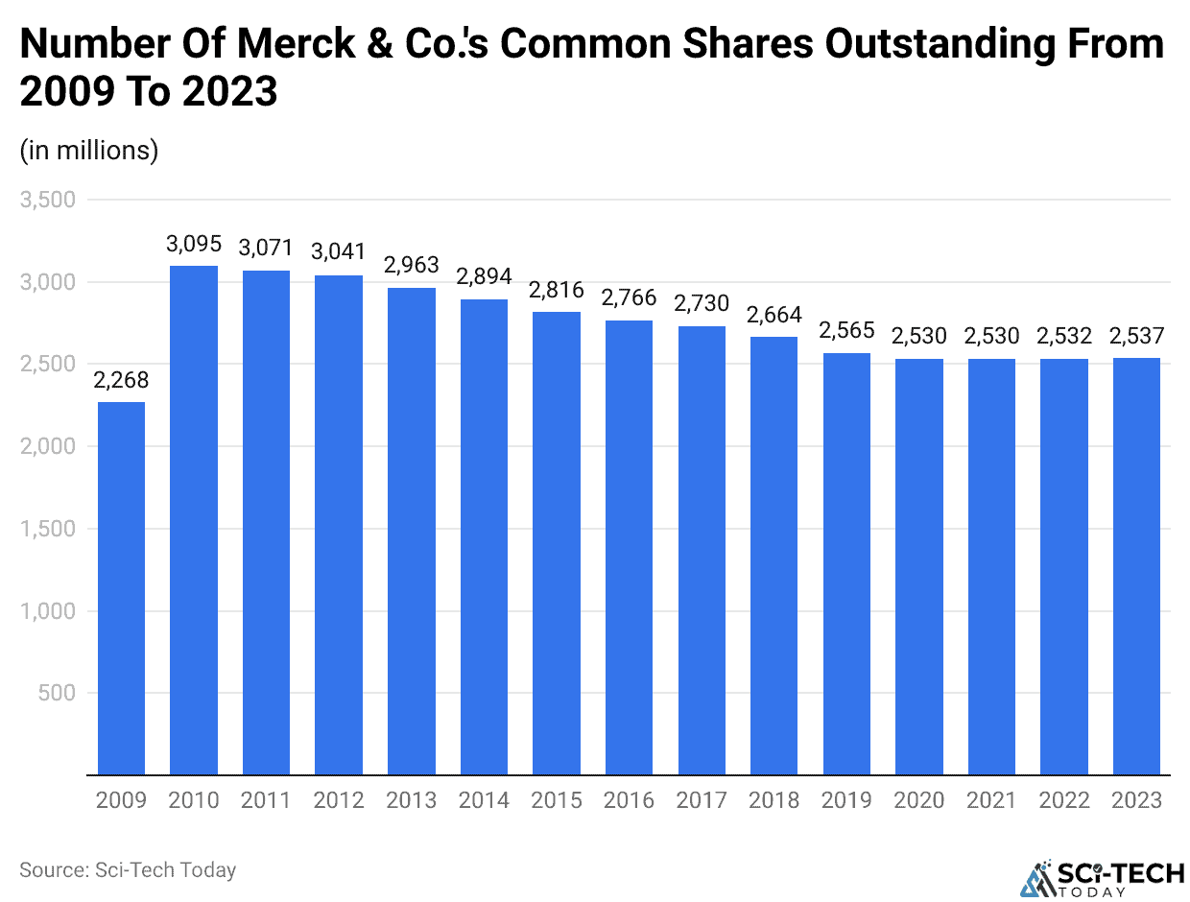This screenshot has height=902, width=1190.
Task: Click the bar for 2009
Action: pyautogui.click(x=121, y=587)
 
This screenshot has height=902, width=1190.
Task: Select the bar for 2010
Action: pyautogui.click(x=194, y=519)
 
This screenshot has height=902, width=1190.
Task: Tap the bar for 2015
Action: pyautogui.click(x=557, y=542)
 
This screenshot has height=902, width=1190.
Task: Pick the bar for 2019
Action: pyautogui.click(x=846, y=563)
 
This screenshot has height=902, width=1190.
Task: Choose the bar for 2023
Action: pyautogui.click(x=1137, y=565)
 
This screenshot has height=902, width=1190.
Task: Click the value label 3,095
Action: pyautogui.click(x=194, y=245)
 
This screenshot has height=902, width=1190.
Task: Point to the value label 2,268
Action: pyautogui.click(x=121, y=381)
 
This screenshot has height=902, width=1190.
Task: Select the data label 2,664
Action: pyautogui.click(x=774, y=316)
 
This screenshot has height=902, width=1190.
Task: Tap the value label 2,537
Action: pyautogui.click(x=1137, y=337)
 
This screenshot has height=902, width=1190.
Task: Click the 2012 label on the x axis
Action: pyautogui.click(x=339, y=800)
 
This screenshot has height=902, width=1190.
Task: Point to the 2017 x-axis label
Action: pyautogui.click(x=702, y=800)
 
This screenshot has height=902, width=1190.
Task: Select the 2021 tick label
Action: pyautogui.click(x=992, y=800)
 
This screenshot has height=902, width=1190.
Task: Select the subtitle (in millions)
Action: pyautogui.click(x=88, y=151)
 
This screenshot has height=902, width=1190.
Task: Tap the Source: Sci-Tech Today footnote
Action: pyautogui.click(x=128, y=870)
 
